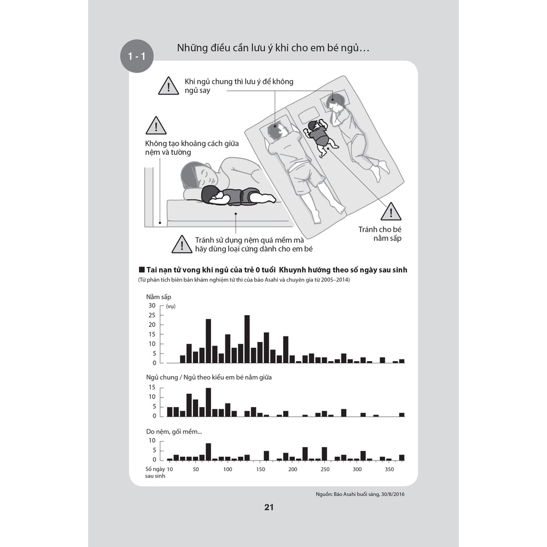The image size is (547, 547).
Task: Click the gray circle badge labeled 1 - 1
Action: click(137, 56)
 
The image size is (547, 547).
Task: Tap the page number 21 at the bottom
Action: click(269, 507)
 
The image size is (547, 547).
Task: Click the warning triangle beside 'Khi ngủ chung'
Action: click(168, 86)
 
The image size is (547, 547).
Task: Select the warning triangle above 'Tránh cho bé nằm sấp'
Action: click(391, 212)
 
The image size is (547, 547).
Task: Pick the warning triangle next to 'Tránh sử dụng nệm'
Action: click(182, 245)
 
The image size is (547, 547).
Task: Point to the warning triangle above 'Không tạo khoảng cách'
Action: click(156, 126)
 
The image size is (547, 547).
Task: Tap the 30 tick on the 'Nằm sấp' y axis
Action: click(152, 306)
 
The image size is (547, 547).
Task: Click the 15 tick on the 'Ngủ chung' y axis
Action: click(152, 387)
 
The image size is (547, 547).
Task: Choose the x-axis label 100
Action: click(228, 469)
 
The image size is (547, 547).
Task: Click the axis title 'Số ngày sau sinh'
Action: click(155, 472)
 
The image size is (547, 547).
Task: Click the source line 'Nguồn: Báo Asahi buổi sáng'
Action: click(364, 494)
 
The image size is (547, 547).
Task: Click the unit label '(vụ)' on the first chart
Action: click(171, 306)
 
